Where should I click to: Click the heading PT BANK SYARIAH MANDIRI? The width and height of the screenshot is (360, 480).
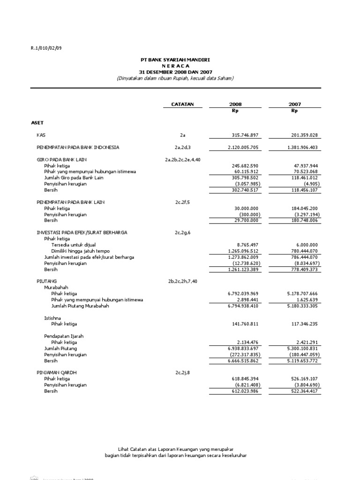(x=175, y=60)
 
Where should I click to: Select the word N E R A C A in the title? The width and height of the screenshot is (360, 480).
(x=175, y=66)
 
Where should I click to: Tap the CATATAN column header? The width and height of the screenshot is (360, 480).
(x=182, y=104)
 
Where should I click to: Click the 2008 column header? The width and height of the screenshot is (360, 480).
(x=235, y=104)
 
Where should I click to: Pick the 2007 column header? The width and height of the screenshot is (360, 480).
(x=295, y=104)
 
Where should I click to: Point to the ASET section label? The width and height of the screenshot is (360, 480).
(x=37, y=123)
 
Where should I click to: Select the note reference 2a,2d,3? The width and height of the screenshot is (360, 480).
(x=183, y=147)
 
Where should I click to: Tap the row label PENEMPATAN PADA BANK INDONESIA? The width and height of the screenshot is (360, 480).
(x=78, y=147)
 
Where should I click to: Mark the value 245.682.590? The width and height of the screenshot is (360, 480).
(x=245, y=165)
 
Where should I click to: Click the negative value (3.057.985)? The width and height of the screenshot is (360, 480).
(x=247, y=184)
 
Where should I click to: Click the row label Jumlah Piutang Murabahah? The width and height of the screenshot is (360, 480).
(x=80, y=306)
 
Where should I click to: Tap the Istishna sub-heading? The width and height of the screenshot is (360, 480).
(x=52, y=318)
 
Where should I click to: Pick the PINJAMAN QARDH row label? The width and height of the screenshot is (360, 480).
(x=56, y=373)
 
